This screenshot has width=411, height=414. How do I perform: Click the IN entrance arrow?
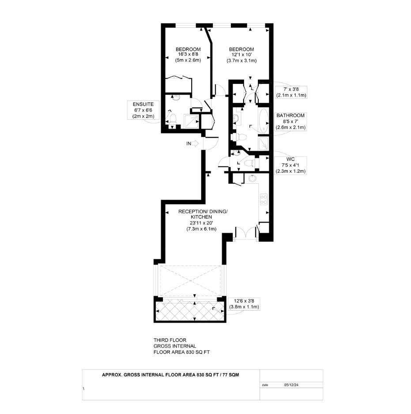(x=195, y=144)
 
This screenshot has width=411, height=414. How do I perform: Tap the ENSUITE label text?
(x=143, y=104)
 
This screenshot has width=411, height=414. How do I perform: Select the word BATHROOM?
(x=290, y=115)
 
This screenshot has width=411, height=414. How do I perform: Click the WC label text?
(x=290, y=159)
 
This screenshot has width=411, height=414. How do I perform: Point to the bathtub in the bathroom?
(x=264, y=121)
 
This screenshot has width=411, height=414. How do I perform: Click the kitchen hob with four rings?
(x=264, y=200)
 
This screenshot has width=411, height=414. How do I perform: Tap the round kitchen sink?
(x=253, y=179)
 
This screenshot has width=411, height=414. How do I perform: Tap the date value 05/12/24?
(x=291, y=385)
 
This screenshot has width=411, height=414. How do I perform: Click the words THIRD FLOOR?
(x=170, y=340)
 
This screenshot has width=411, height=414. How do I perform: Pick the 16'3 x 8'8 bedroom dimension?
(x=188, y=54)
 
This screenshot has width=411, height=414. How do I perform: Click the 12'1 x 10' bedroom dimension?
(x=241, y=55)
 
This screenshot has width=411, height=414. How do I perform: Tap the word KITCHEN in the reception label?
(x=202, y=217)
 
